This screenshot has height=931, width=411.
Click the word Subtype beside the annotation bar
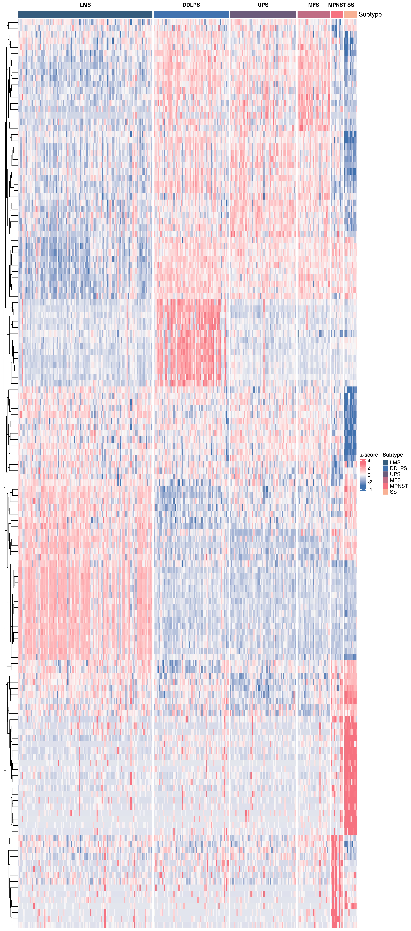(370, 14)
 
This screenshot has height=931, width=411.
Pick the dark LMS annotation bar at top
(85, 14)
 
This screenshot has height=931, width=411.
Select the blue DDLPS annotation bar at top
(191, 14)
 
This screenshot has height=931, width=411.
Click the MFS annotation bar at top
(313, 14)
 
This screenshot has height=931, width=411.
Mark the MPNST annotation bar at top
(337, 14)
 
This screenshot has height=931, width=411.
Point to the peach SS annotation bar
(351, 14)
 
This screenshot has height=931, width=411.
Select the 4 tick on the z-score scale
(369, 461)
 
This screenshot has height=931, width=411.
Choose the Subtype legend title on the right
(393, 455)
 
